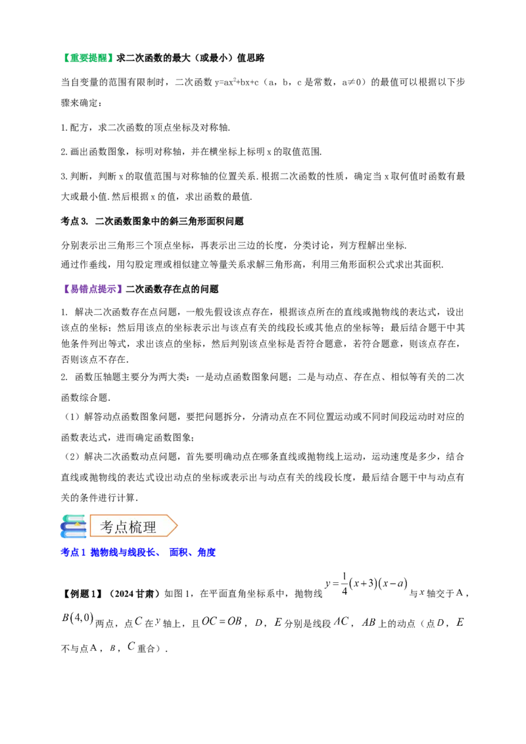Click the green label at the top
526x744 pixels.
coord(89,58)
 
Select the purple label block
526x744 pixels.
coord(93,289)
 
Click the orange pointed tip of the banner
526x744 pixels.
coord(174,526)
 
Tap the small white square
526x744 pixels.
coord(460,586)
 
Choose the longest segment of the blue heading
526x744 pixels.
coord(126,553)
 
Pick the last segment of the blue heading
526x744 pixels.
coord(206,553)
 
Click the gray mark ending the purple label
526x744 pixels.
coord(124,290)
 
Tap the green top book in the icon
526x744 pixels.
coord(74,518)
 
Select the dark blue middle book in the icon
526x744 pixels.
coord(72,526)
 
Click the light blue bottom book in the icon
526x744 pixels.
coord(74,535)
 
